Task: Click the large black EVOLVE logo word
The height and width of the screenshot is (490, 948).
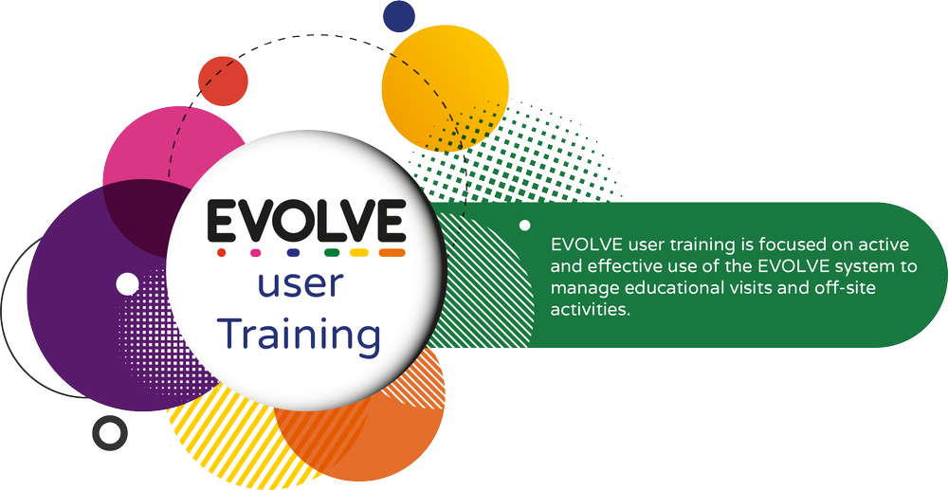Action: pos(306,220)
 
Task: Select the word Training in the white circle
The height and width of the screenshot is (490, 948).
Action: pos(300,335)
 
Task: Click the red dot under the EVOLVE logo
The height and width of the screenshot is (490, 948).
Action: pos(221,253)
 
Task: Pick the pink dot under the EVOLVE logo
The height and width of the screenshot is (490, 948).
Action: pos(254,253)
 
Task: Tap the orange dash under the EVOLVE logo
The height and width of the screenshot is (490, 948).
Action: pos(392,253)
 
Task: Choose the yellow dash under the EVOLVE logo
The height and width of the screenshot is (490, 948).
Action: pos(359,253)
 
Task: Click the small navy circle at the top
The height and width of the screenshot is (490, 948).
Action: pos(399,14)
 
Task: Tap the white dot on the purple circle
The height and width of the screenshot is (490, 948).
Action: pos(126,283)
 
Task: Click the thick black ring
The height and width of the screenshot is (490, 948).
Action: pos(109,433)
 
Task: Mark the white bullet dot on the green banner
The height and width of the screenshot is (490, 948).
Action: pos(524,226)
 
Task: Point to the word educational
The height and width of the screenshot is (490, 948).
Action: pos(661,287)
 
